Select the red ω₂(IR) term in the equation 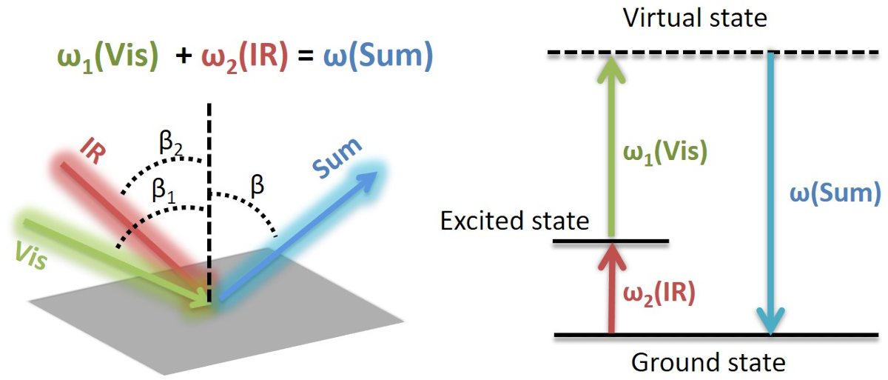coord(245,57)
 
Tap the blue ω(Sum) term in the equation coord(377,57)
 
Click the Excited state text coord(514,221)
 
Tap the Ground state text coord(707,363)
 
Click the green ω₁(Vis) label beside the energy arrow coord(664,151)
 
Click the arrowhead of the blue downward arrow coord(771,322)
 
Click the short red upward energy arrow coord(610,289)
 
